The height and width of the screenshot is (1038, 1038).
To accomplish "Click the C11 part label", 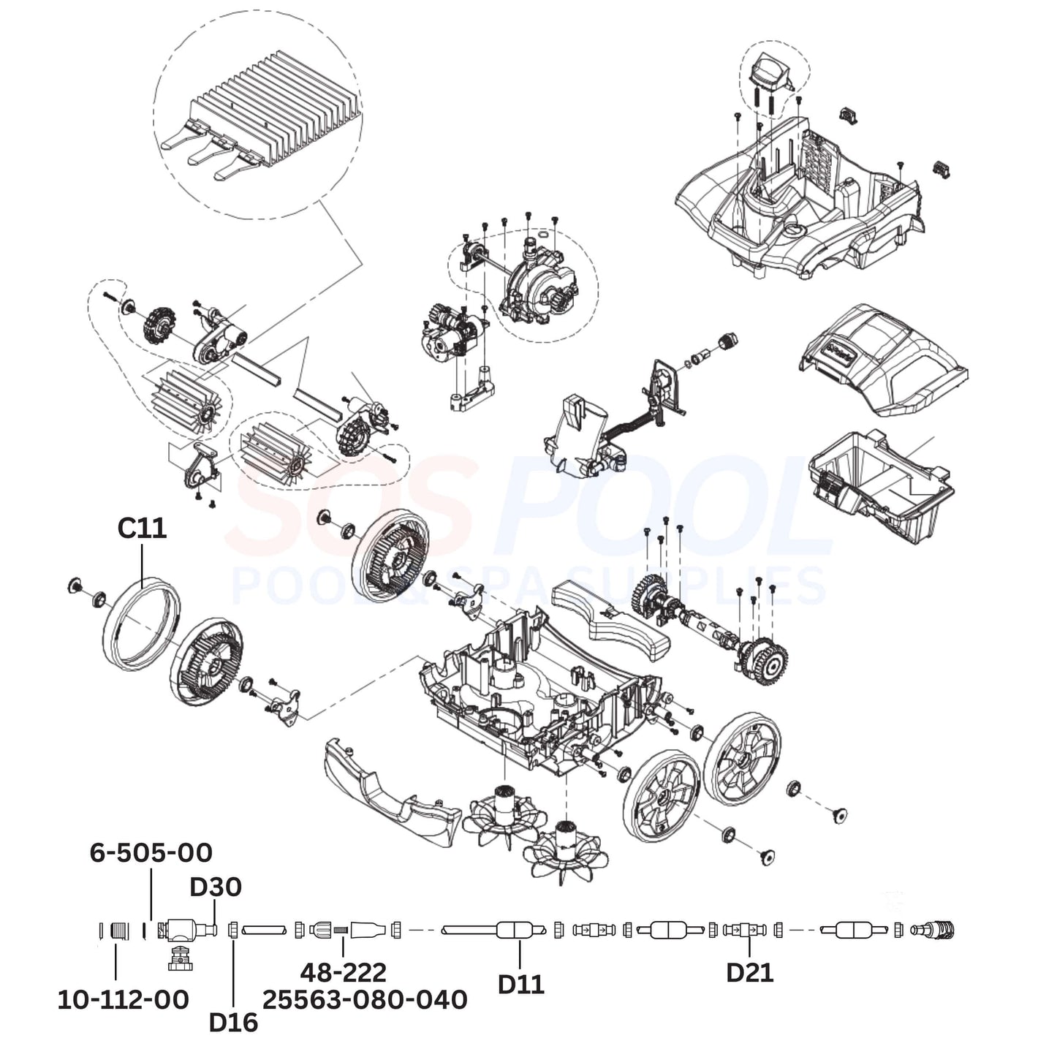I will pos(142,528).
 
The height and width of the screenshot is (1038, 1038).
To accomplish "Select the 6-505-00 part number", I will pos(151,852).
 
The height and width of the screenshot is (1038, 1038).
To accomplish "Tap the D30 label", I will pos(216,887).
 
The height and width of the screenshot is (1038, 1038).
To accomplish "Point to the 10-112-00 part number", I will pos(123,999).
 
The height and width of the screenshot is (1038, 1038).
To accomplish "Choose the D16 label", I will pos(233,1022).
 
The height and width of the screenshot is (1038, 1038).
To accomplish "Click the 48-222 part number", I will pos(343,972).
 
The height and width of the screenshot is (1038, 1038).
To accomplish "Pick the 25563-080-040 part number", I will pos(365,999).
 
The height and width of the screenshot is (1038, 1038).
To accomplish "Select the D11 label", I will pos(520,984).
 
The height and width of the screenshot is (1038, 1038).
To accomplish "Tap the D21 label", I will pos(749,972).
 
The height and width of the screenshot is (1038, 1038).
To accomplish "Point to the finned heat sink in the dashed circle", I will pos(270,110).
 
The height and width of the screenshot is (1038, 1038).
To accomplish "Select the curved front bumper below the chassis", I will pos(387,789).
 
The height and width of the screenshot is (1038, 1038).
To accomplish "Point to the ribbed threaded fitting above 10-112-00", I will pos(119,931).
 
